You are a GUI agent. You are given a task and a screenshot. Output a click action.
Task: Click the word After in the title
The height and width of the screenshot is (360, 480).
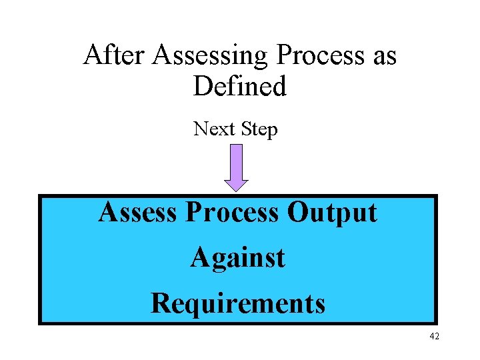coord(114,55)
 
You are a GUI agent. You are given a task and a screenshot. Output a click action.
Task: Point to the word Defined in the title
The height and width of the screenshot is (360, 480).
coord(240,86)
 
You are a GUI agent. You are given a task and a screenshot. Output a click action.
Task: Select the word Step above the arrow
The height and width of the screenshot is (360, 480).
coord(259,129)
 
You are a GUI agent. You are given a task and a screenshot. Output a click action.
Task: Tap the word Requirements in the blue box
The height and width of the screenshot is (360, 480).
coord(238,304)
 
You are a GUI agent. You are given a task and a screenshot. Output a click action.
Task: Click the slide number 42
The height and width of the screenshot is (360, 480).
coord(434,336)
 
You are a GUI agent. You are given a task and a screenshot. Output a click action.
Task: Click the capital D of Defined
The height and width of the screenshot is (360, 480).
coord(203,86)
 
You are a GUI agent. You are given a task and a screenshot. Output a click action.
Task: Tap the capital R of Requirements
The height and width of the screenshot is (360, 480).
coord(160,303)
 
